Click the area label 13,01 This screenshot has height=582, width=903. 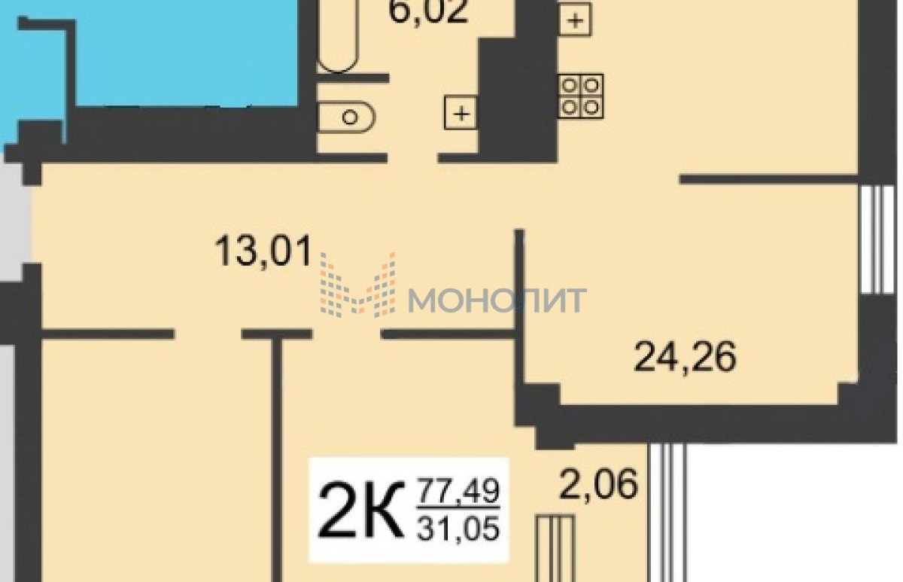[263, 251]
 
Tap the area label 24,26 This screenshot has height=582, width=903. [685, 357]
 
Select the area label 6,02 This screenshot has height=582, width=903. [428, 11]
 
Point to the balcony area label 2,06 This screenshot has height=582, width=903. [599, 483]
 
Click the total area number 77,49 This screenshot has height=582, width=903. [459, 490]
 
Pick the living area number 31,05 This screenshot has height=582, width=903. [459, 529]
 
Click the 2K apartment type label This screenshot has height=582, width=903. [361, 510]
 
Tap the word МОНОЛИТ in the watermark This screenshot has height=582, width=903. [497, 300]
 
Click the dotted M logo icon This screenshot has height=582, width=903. [357, 285]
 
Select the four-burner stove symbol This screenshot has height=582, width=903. [580, 96]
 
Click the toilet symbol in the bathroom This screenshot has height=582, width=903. [347, 117]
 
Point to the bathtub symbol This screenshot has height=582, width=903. [338, 36]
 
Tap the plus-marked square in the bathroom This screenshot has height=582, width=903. [461, 113]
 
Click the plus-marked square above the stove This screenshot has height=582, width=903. [575, 20]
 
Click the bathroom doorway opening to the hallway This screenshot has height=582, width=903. [413, 157]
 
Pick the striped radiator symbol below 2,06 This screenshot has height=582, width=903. [555, 549]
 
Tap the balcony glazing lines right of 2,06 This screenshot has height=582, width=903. [667, 513]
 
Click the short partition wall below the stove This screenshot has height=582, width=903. [769, 179]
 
